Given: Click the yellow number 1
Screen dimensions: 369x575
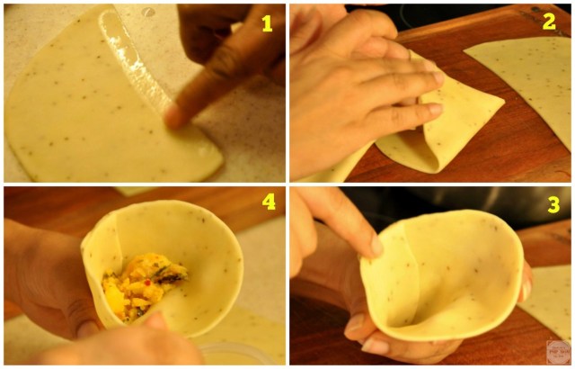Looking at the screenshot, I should point(266,23).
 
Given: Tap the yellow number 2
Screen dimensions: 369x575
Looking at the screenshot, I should point(550,22).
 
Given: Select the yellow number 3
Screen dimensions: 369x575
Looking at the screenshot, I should point(553,205).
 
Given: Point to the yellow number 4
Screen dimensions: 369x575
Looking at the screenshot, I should point(267,202).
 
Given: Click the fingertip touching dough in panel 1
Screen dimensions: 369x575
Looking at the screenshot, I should point(172,116).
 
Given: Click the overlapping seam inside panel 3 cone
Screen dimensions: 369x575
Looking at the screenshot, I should point(404,270).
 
